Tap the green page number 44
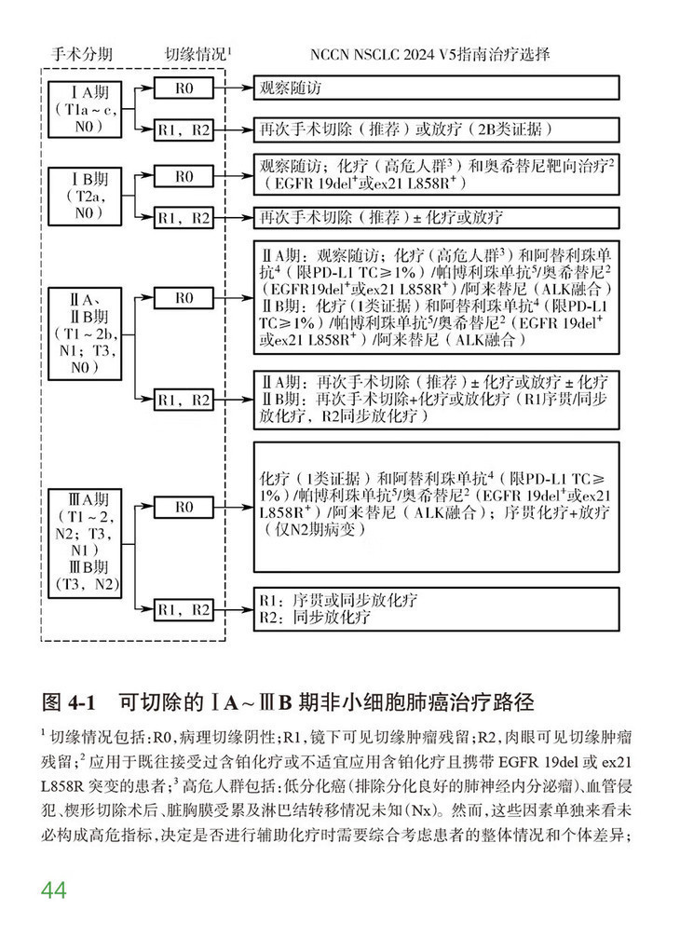(54, 890)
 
